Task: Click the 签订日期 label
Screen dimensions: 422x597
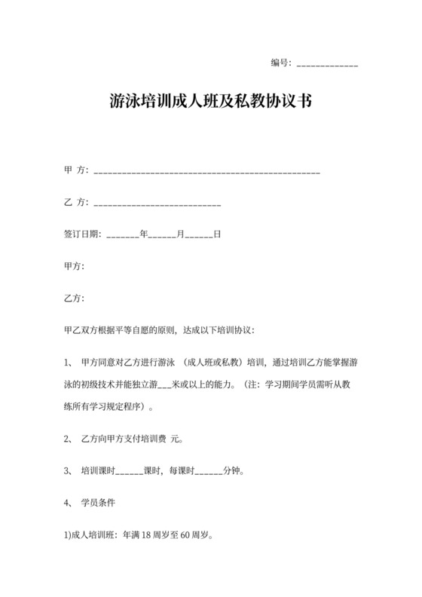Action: [81, 234]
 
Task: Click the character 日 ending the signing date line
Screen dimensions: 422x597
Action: [217, 234]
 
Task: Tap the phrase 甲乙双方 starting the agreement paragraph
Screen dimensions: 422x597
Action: [82, 329]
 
